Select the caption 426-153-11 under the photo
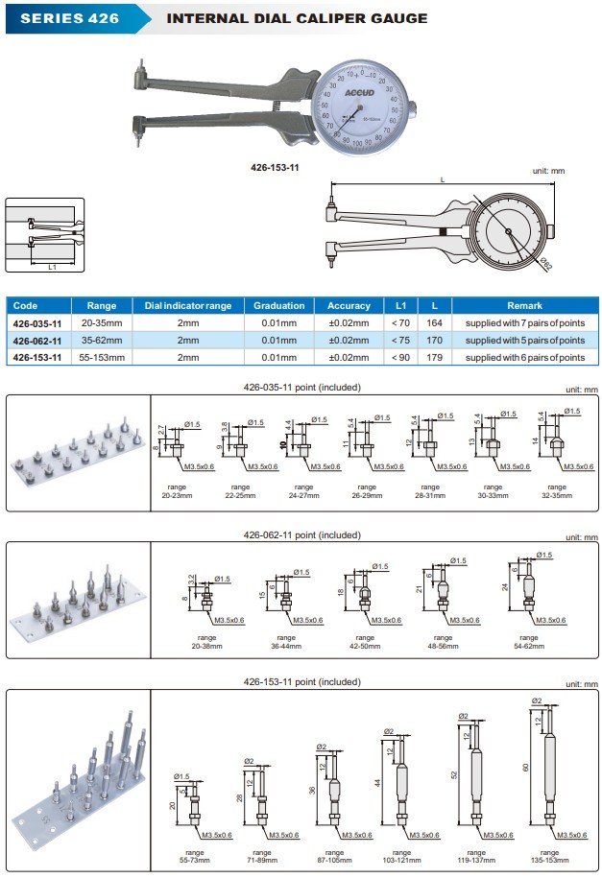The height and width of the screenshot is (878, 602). pos(275,166)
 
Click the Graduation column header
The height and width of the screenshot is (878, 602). pos(278,305)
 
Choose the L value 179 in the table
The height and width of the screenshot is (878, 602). pos(435,357)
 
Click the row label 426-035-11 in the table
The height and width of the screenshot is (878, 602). pos(37,323)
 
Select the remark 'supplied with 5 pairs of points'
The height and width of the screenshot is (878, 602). pos(524,340)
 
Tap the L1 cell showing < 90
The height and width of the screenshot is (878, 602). pos(400,357)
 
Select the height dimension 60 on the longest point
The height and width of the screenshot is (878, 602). pos(526,768)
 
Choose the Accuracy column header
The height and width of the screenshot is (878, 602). pos(349,305)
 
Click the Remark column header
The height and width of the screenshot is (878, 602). pos(524,305)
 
